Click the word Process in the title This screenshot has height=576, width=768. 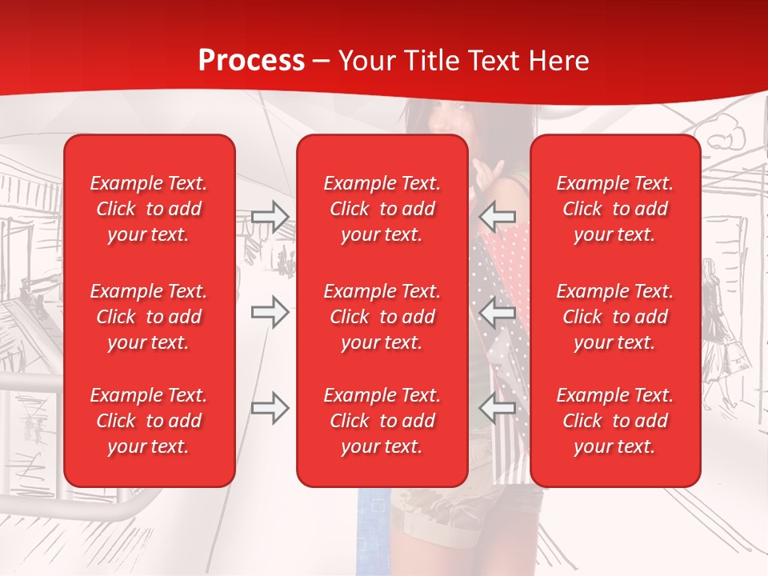point(251,60)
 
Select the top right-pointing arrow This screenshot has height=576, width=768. point(270,217)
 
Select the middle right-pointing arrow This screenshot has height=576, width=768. point(270,312)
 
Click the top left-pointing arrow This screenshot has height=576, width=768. point(498,217)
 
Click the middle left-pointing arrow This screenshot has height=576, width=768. point(498,312)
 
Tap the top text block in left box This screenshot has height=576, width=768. point(149,209)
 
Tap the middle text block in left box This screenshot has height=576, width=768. point(149,317)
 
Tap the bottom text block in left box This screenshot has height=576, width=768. point(149,421)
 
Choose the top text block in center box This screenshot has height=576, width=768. point(382,209)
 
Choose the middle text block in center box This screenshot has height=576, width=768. point(382,317)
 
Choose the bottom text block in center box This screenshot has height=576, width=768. point(382,421)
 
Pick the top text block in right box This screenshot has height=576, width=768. point(614,209)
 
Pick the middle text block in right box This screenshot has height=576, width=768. point(614,317)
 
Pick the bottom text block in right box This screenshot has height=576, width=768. point(614,421)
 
